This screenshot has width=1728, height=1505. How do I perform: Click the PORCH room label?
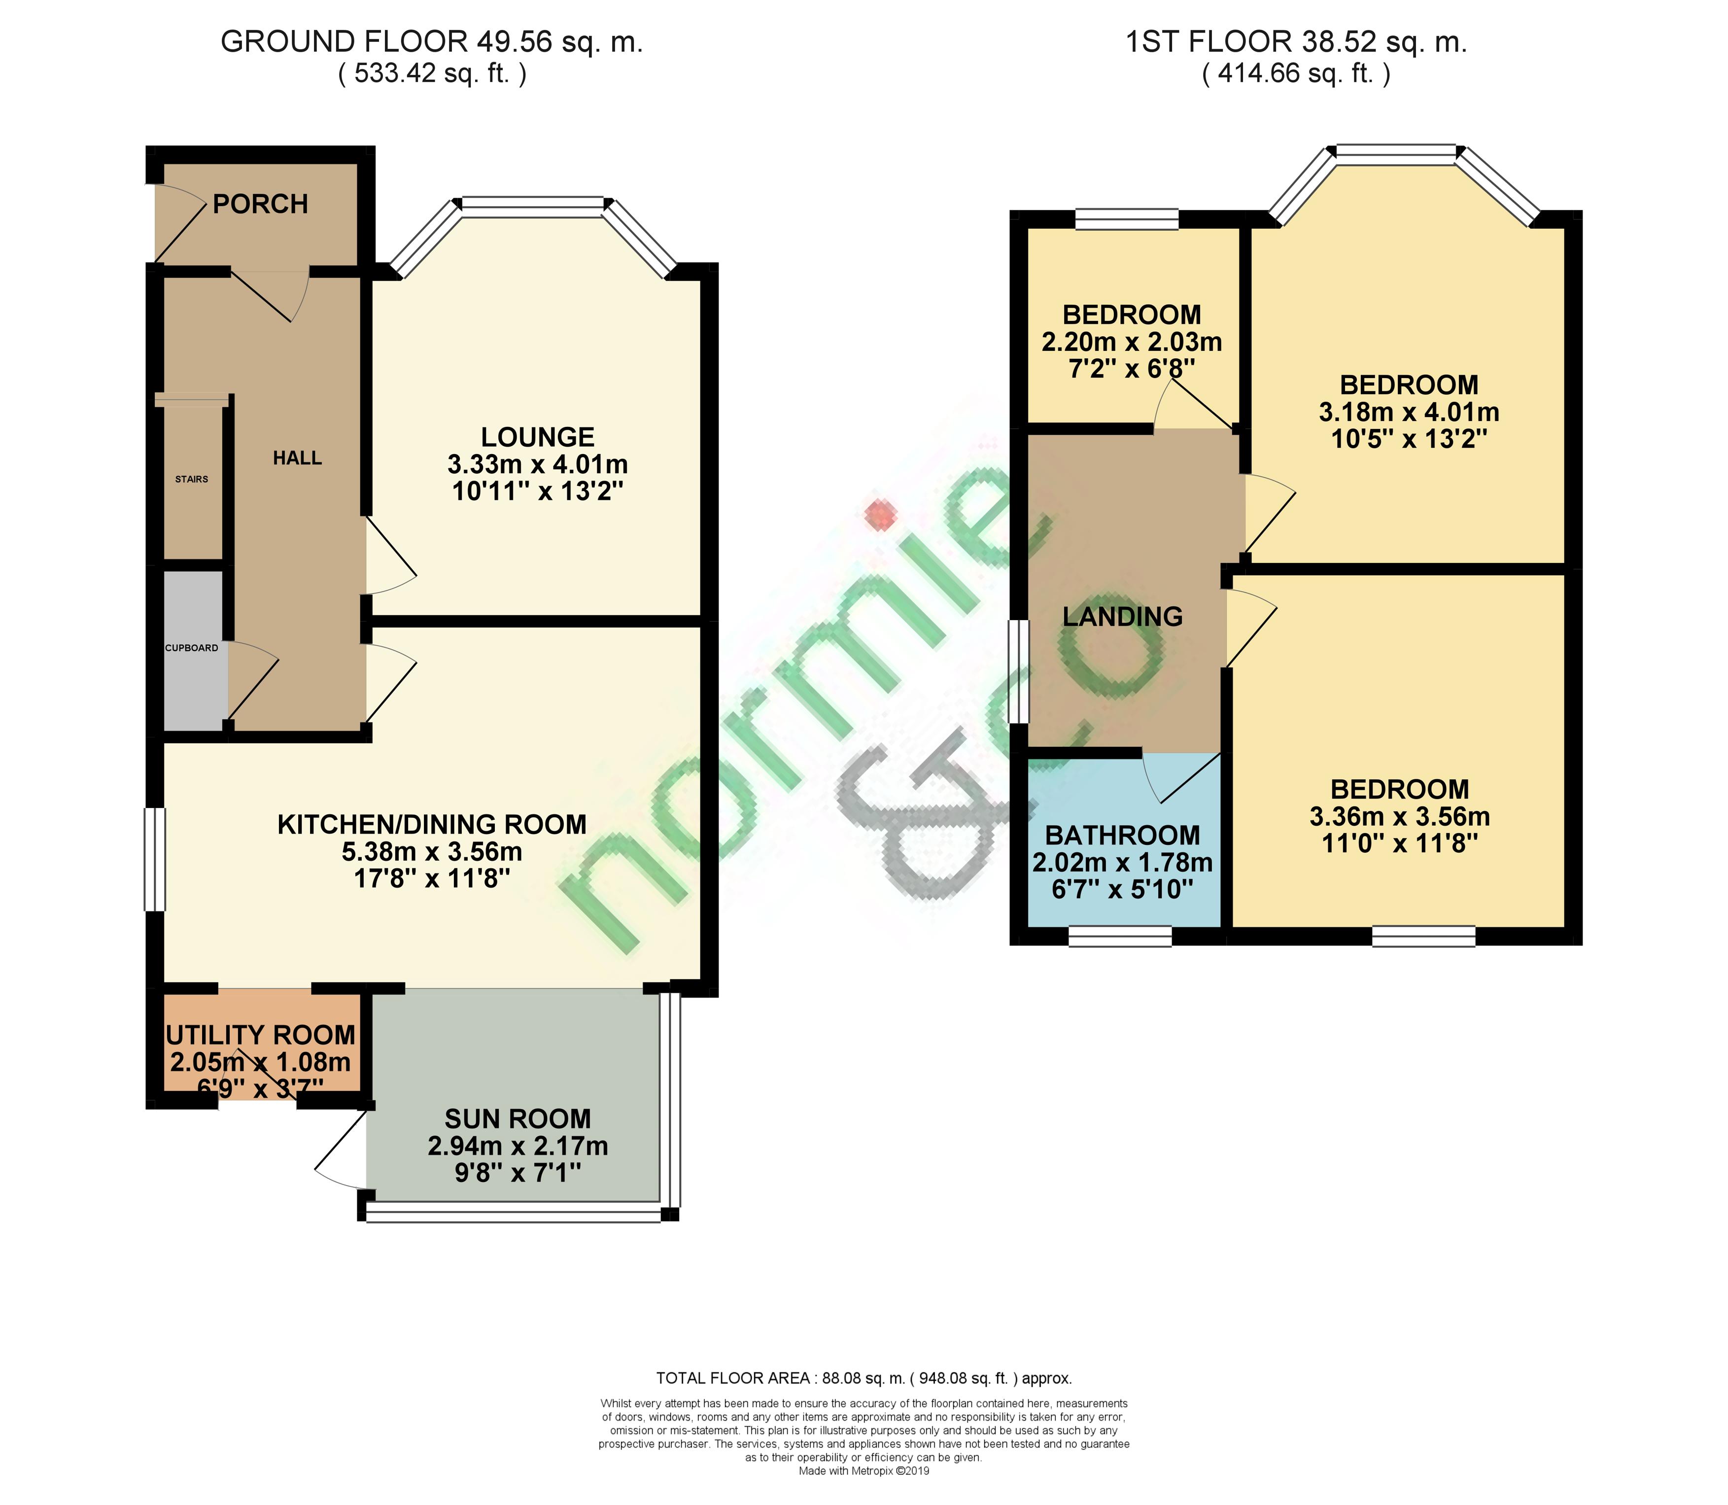click(x=260, y=204)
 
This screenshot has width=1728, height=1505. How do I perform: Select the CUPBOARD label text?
click(x=191, y=648)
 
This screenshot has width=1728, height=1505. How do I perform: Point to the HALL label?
click(x=297, y=458)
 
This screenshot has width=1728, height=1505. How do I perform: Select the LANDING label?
click(x=1123, y=617)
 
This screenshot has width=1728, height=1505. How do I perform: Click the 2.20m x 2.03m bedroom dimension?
click(x=1131, y=342)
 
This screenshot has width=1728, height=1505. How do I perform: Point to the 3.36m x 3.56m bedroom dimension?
click(x=1400, y=816)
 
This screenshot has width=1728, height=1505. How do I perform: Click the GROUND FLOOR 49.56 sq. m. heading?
click(x=432, y=42)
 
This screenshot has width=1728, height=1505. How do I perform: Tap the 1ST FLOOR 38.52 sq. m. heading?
click(x=1296, y=42)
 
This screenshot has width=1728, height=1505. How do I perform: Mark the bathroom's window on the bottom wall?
click(x=1120, y=937)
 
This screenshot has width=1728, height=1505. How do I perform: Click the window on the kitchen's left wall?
click(x=154, y=859)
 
